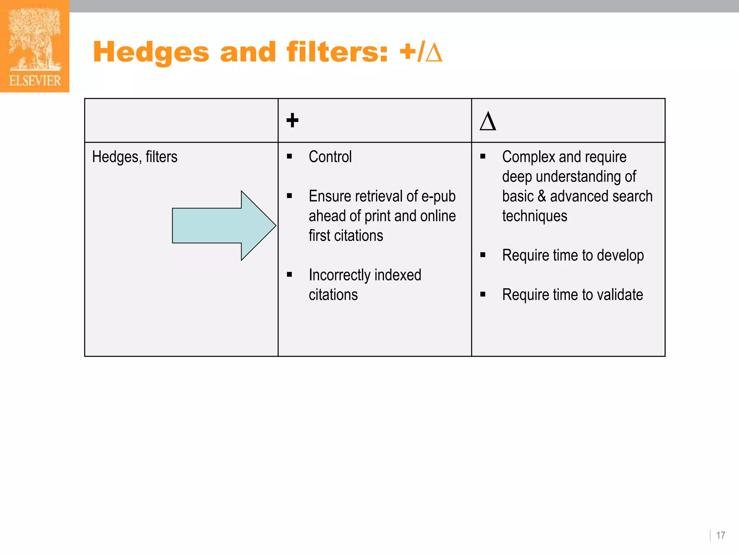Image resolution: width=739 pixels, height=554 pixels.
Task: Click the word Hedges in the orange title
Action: tap(151, 52)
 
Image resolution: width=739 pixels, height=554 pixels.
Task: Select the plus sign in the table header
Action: tap(292, 120)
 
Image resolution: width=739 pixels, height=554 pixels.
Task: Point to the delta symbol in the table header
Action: tap(488, 121)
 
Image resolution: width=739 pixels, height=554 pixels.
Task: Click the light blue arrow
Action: tap(224, 226)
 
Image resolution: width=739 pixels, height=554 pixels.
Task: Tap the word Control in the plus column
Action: tap(330, 157)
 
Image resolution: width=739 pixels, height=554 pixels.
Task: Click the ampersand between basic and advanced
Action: tap(541, 197)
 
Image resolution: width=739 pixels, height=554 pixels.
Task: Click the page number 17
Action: tap(721, 535)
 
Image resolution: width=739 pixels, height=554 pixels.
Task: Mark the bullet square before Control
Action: tap(289, 157)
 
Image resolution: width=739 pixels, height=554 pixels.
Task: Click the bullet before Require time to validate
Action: tap(483, 295)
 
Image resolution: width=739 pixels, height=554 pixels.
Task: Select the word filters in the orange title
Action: tap(337, 52)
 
